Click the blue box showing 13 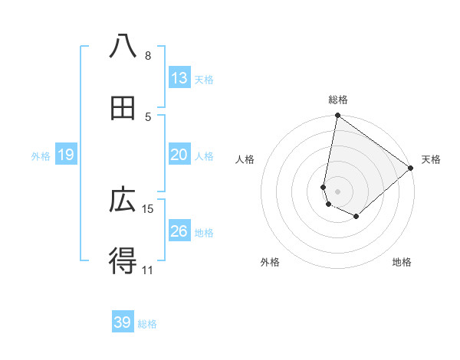click(179, 78)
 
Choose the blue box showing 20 click(179, 155)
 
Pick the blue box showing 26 click(179, 231)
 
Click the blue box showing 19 click(66, 155)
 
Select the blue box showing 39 click(123, 322)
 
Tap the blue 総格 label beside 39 click(147, 324)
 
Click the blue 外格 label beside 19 click(41, 156)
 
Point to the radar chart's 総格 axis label click(338, 100)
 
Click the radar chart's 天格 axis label click(431, 159)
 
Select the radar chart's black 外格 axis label click(270, 263)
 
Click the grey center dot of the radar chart click(338, 191)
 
